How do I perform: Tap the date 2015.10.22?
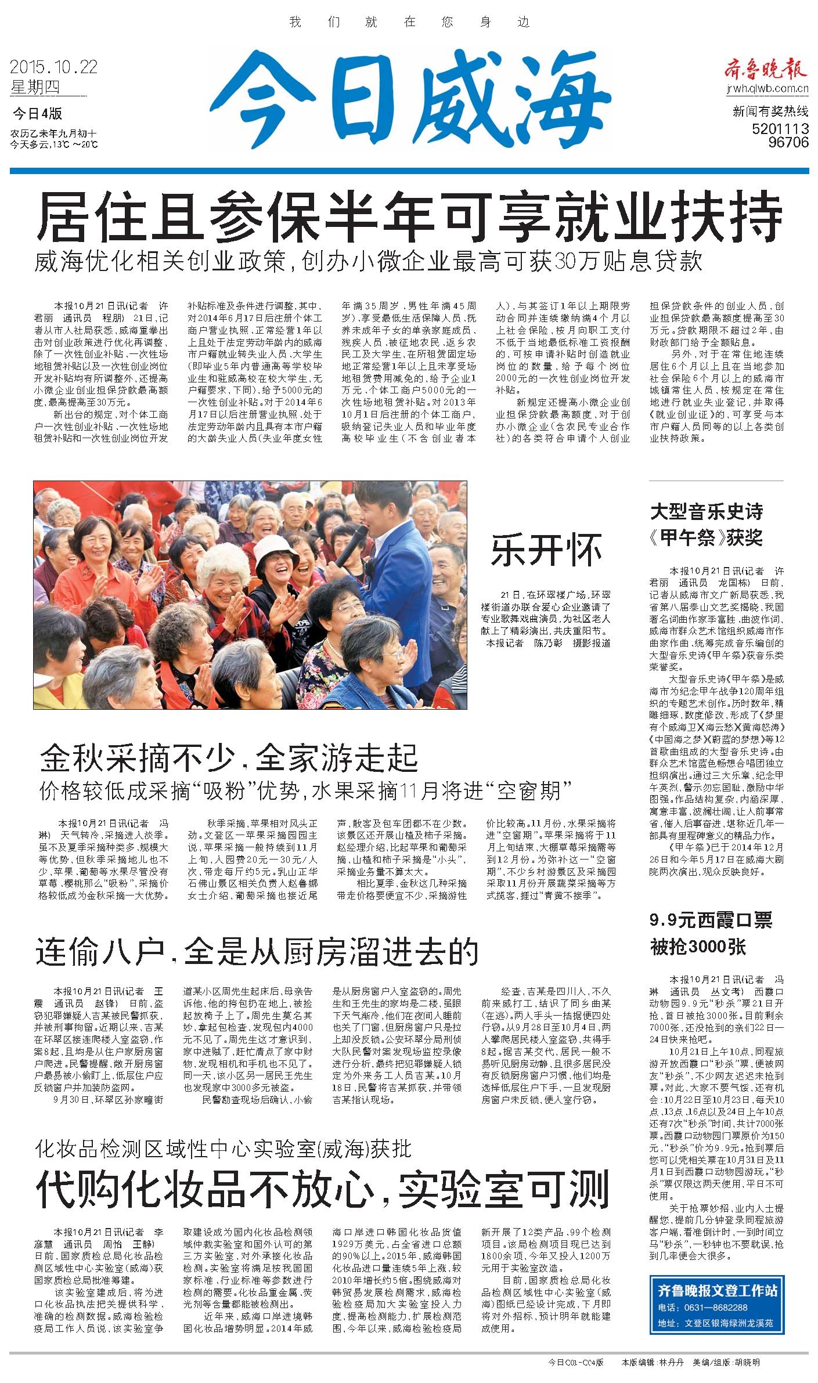pyautogui.click(x=53, y=68)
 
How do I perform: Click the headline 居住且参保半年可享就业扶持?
pyautogui.click(x=409, y=219)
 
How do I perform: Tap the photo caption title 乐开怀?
pyautogui.click(x=546, y=550)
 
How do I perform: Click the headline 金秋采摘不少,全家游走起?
pyautogui.click(x=229, y=756)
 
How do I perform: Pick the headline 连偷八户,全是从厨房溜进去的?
pyautogui.click(x=257, y=951)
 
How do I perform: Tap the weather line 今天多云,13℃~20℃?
pyautogui.click(x=54, y=145)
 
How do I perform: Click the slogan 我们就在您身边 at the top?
pyautogui.click(x=409, y=23)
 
